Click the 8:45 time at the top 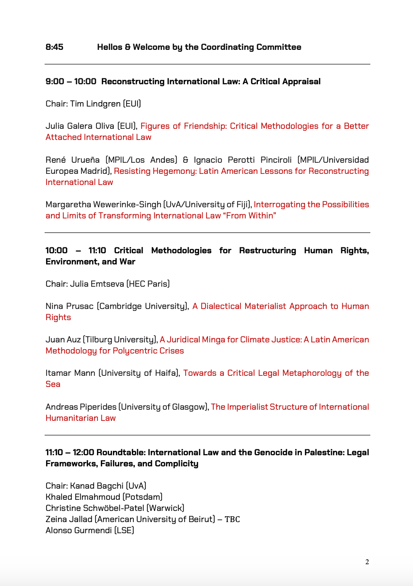click(54, 47)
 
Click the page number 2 click(367, 562)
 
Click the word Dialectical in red click(223, 306)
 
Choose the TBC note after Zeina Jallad click(232, 519)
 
